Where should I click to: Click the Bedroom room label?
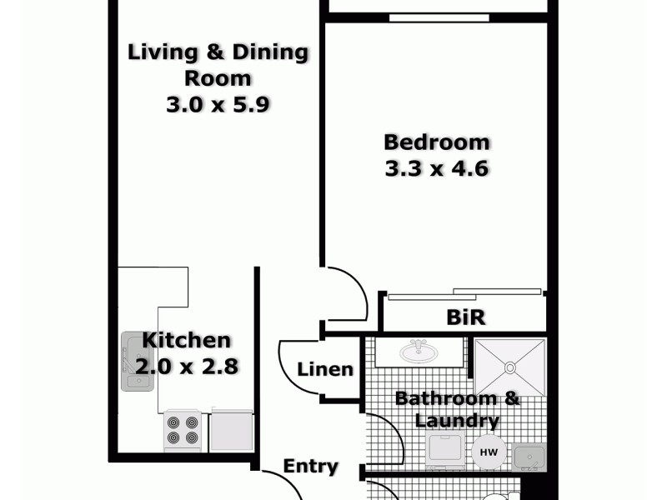pos(436,142)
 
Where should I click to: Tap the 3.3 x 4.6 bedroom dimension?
pos(436,168)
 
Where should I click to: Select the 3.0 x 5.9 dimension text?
pos(218,105)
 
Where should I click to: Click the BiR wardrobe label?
pos(465,317)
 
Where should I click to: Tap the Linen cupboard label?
pos(325,369)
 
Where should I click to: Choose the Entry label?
pos(310,466)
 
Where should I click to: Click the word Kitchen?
pos(186,340)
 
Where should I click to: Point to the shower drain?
pos(509,367)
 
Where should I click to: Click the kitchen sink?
pos(134,361)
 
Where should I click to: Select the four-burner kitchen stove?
pos(183,429)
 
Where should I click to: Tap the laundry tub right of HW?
pos(529,457)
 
